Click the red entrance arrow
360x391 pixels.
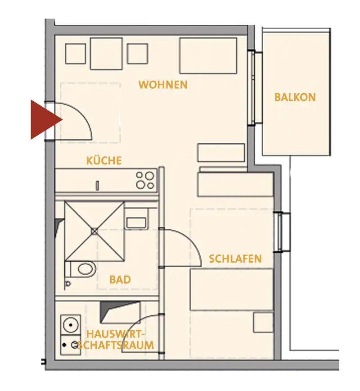pyautogui.click(x=45, y=119)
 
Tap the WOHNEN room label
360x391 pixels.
pyautogui.click(x=163, y=85)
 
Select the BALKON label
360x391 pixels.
pyautogui.click(x=295, y=97)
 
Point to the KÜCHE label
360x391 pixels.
pyautogui.click(x=104, y=160)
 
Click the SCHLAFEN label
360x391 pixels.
pyautogui.click(x=235, y=259)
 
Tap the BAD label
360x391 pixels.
pyautogui.click(x=120, y=280)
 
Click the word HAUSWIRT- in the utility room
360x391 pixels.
pyautogui.click(x=116, y=334)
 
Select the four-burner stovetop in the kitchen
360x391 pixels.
pyautogui.click(x=145, y=180)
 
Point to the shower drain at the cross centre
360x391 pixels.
pyautogui.click(x=94, y=232)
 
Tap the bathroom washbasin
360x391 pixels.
pyautogui.click(x=136, y=223)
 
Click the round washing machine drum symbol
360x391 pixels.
pyautogui.click(x=71, y=325)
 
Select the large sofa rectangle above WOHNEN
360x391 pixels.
pyautogui.click(x=208, y=55)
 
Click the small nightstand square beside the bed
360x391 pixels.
pyautogui.click(x=263, y=323)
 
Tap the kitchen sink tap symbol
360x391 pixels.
pyautogui.click(x=97, y=186)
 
